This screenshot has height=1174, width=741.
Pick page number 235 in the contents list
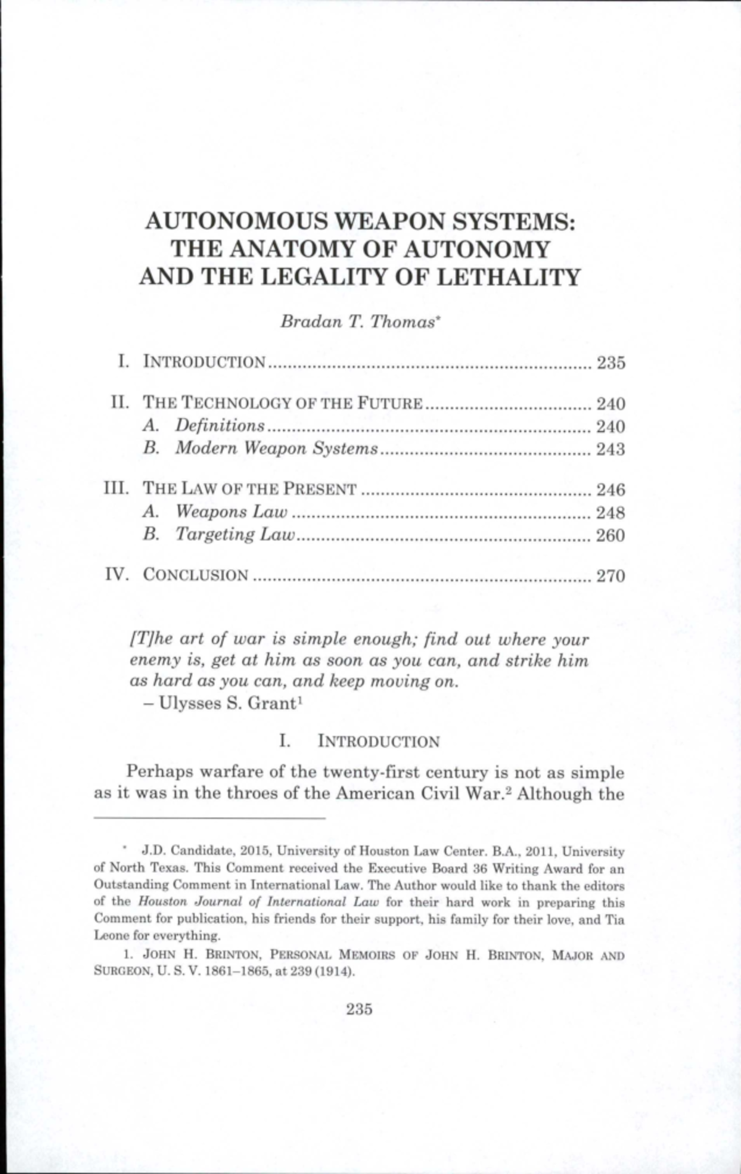pos(611,362)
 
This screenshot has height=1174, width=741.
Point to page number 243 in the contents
pos(611,449)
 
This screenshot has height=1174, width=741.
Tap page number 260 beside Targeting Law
pos(611,535)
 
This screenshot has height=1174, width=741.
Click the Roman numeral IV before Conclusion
pos(117,575)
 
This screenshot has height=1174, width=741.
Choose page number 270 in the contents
pos(611,576)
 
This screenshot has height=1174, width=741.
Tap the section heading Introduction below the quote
pos(378,741)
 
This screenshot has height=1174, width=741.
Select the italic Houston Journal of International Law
pos(259,902)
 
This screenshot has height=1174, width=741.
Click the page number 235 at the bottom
pos(359,1009)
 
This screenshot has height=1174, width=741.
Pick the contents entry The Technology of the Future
pos(283,404)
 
